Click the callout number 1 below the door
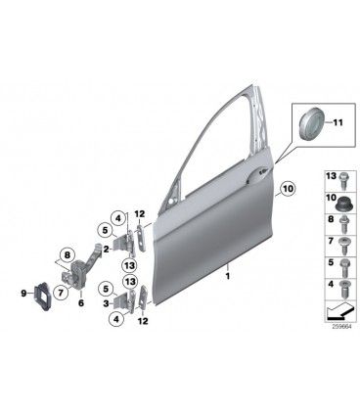228,276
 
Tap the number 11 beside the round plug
337,122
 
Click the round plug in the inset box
312,122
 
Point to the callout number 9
23,294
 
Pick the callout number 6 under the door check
81,303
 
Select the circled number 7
61,294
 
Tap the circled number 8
67,255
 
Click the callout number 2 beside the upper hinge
106,250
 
